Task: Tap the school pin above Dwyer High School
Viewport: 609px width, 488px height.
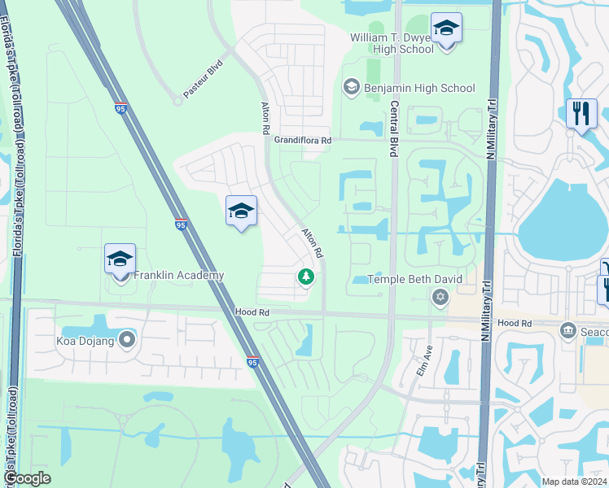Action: tap(446, 29)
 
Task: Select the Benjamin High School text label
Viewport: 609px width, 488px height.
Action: tap(420, 88)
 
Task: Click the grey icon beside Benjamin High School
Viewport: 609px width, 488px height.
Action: tap(351, 88)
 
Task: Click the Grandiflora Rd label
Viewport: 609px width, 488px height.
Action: tap(302, 141)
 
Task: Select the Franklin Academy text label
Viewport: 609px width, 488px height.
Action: tap(179, 276)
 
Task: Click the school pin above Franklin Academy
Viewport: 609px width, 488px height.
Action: tap(120, 260)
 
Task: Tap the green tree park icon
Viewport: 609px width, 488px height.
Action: tap(306, 278)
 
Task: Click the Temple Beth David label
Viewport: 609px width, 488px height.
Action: tap(415, 279)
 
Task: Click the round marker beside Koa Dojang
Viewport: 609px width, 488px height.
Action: tap(127, 339)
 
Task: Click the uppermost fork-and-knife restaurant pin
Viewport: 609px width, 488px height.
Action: tap(581, 114)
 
